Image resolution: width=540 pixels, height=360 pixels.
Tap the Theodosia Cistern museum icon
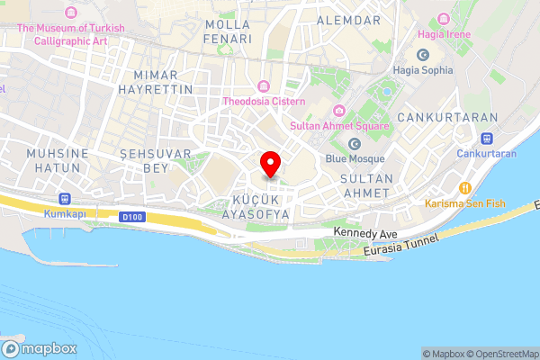coord(264,86)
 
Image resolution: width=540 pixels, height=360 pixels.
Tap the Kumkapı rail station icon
coord(64,198)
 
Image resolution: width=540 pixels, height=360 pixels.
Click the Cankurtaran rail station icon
coord(487,139)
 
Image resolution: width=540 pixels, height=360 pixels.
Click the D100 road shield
coord(131,216)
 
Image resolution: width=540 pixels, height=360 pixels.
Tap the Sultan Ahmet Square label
coord(339,127)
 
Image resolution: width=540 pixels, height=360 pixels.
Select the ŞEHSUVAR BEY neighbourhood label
coord(157,161)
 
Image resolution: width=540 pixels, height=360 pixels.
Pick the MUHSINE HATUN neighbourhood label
coord(58,161)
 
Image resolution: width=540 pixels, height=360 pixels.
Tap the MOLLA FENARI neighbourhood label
coord(228,31)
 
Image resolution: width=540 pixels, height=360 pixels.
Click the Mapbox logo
coord(40,348)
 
